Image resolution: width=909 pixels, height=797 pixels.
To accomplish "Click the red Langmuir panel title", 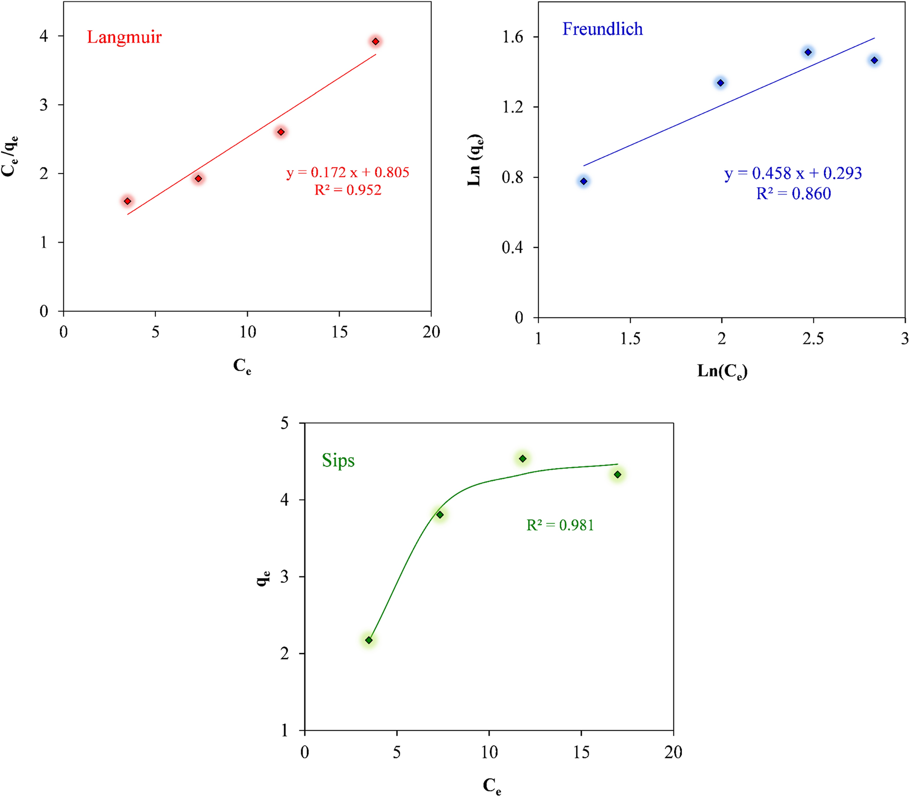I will [124, 37].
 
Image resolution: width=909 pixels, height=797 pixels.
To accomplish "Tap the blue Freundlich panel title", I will [602, 29].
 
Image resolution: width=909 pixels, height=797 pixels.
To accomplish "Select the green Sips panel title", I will [338, 461].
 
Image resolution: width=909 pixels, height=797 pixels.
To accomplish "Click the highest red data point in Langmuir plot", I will [375, 42].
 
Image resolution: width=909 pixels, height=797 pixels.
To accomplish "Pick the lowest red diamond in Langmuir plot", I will [127, 201].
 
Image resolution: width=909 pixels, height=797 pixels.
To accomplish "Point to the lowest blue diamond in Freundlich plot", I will [584, 181].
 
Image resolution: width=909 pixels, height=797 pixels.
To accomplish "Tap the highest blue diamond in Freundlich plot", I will [808, 52].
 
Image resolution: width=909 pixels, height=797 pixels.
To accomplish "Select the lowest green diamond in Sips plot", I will [369, 640].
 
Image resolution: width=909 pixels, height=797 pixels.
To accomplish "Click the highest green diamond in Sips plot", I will [522, 459].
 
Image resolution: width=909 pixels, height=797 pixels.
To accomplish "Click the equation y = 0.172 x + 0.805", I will [348, 172].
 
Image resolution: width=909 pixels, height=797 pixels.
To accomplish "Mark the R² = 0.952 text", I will [348, 190].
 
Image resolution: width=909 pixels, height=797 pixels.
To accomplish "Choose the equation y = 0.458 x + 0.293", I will [793, 173].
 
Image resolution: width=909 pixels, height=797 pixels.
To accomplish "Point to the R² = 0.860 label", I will [793, 194].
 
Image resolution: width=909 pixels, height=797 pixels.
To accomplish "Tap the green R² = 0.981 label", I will [560, 525].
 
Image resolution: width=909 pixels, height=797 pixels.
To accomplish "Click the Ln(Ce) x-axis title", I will [722, 371].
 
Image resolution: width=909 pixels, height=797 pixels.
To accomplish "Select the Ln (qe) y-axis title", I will [475, 160].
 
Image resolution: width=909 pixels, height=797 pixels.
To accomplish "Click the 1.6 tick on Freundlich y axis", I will [513, 37].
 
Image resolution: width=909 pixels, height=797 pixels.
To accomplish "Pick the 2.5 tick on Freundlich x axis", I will [813, 339].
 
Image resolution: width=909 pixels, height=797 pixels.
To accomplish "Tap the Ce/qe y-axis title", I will [10, 156].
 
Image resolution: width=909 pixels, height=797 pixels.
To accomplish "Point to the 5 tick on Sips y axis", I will [285, 423].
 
